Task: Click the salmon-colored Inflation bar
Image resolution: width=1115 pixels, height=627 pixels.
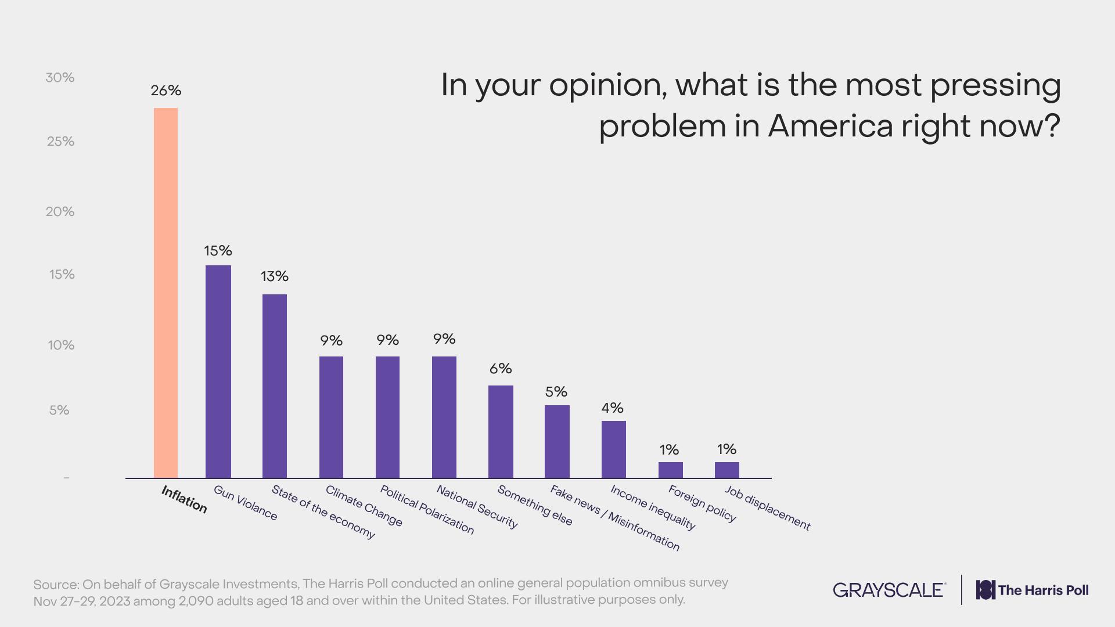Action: (166, 293)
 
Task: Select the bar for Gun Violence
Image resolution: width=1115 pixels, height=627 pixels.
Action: (218, 372)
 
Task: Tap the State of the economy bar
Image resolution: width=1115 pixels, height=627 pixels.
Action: (275, 386)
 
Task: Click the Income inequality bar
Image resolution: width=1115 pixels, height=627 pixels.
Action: (613, 449)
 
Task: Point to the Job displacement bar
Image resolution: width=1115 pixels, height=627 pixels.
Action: (726, 470)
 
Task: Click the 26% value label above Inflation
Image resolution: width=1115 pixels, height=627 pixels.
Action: (166, 91)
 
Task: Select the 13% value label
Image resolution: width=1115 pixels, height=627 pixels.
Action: (275, 276)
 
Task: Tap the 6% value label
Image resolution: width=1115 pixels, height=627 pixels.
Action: (501, 369)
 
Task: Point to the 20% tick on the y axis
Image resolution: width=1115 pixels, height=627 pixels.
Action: (60, 211)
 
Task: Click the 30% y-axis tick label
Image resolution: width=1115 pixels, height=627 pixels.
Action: (60, 77)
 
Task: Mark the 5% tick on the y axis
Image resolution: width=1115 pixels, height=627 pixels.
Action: (59, 410)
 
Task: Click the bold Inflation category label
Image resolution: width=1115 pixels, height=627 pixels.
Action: (184, 499)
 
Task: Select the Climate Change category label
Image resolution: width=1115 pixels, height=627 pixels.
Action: (364, 506)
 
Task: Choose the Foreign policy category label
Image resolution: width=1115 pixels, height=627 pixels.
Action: (702, 503)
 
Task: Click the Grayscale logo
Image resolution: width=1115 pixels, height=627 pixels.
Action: (889, 590)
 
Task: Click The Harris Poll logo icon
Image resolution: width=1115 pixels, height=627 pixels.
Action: (985, 590)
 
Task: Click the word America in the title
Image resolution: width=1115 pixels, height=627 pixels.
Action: (830, 126)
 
